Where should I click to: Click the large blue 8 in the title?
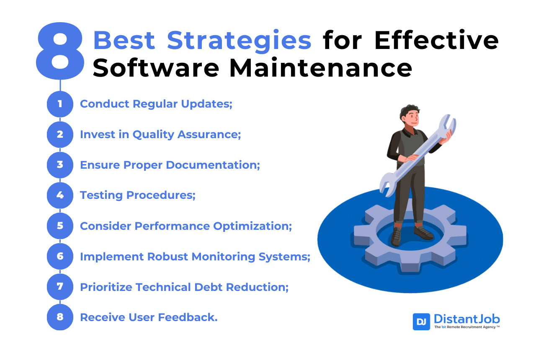(x=60, y=51)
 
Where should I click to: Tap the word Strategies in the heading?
(x=239, y=41)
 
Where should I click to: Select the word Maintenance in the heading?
(x=321, y=68)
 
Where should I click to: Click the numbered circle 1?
(x=60, y=104)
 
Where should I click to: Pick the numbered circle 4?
(x=60, y=195)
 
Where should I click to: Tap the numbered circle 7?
(x=60, y=287)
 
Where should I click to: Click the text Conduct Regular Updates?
(x=156, y=104)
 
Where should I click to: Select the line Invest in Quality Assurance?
(x=160, y=135)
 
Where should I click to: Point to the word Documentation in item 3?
(x=213, y=165)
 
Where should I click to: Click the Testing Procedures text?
(x=138, y=195)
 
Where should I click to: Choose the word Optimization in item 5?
(x=253, y=226)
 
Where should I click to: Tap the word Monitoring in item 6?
(x=223, y=257)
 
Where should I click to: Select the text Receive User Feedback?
(x=149, y=317)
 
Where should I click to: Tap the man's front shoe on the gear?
(x=396, y=237)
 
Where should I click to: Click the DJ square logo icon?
(x=421, y=322)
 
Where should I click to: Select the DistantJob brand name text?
(x=466, y=319)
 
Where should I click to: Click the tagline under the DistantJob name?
(x=467, y=327)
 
